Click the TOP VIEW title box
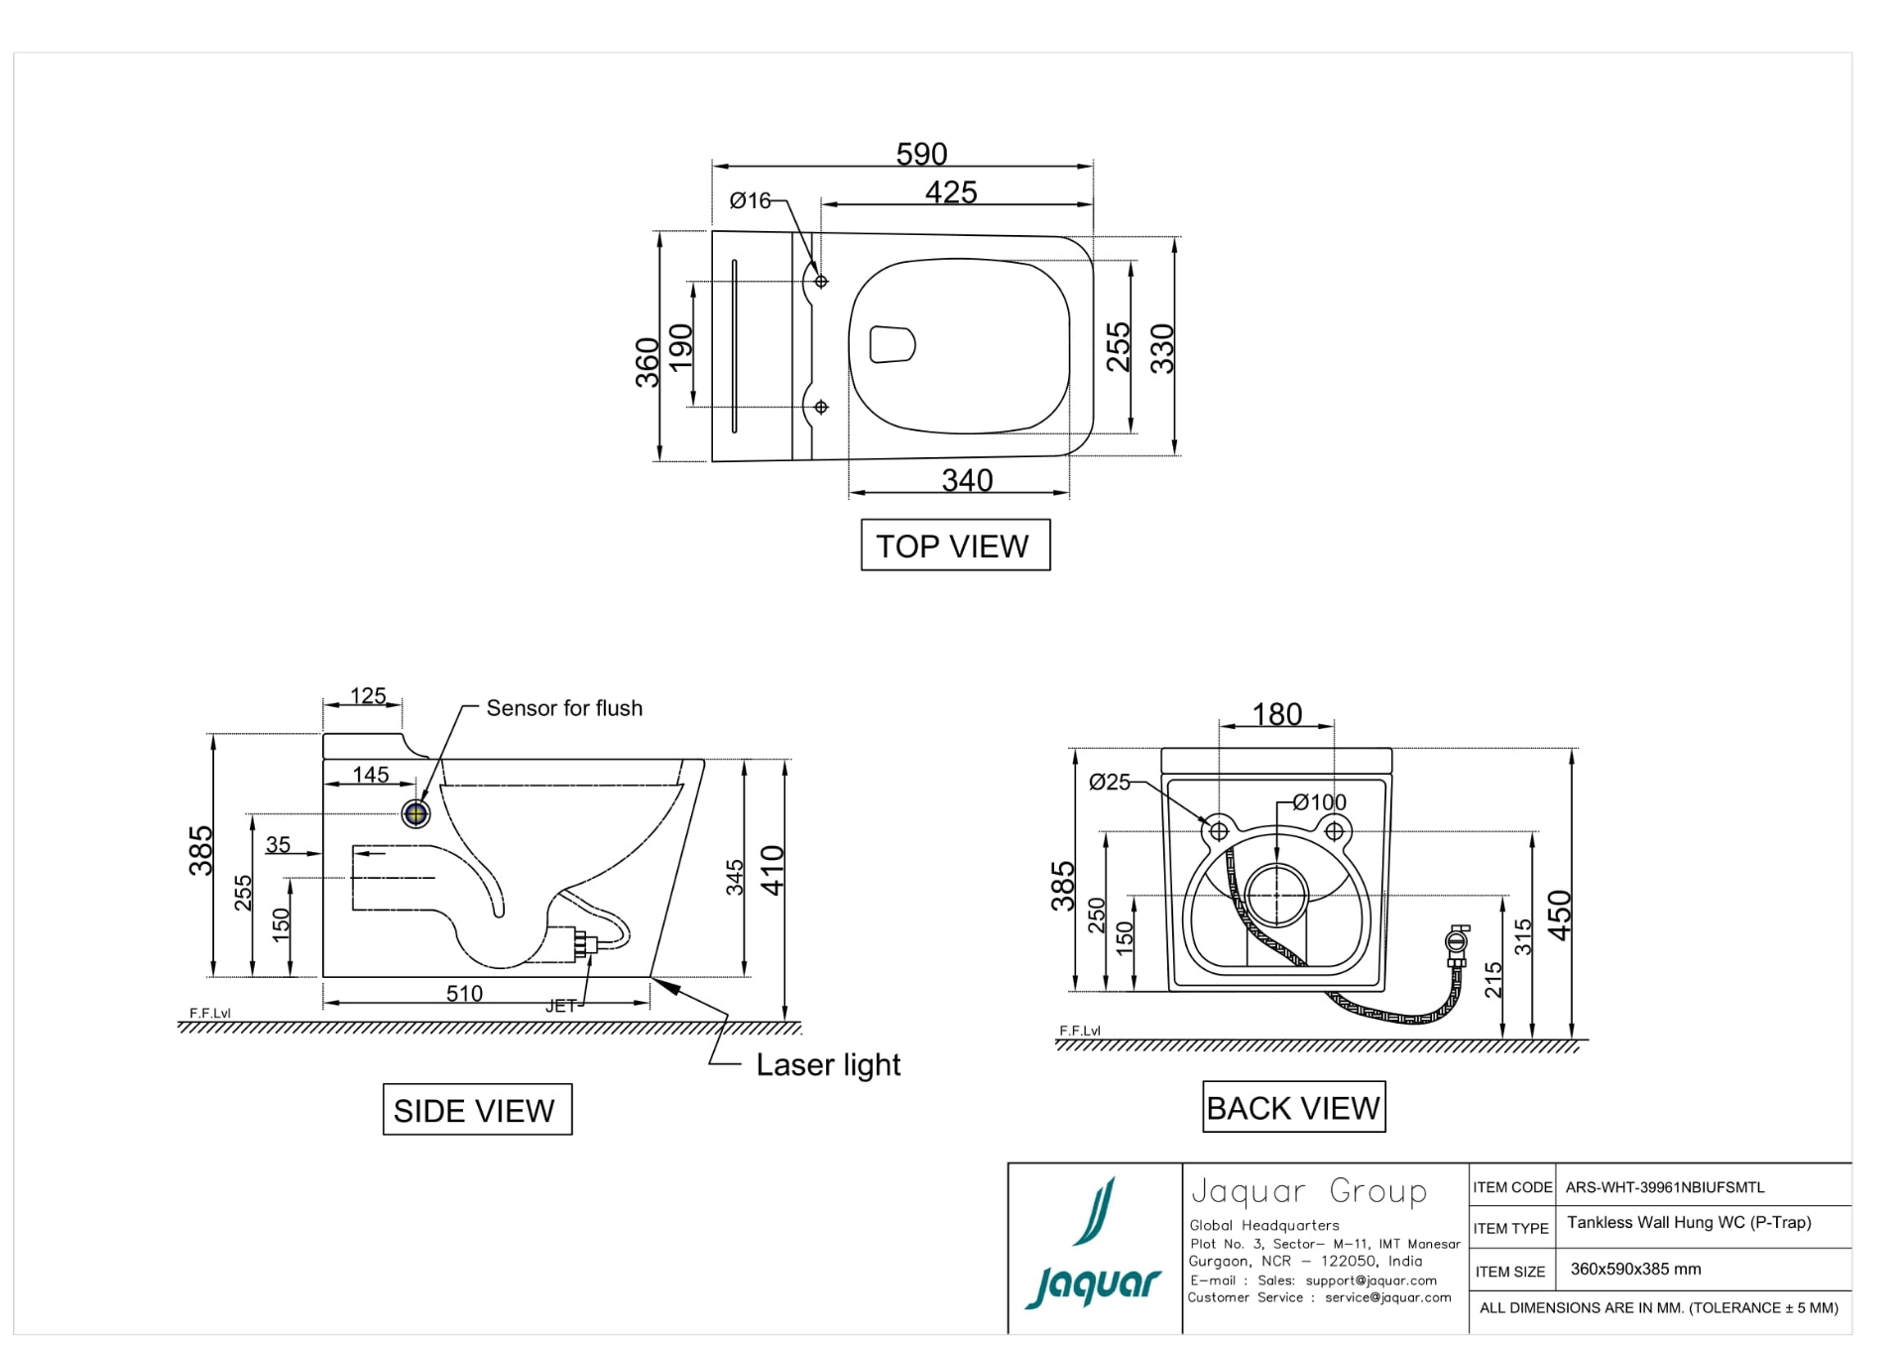[x=954, y=546]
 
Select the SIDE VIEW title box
[x=477, y=1110]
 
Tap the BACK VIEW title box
[x=1293, y=1107]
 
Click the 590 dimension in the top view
[x=921, y=154]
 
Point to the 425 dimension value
[x=951, y=191]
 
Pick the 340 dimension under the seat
[x=967, y=480]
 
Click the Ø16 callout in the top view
[x=750, y=201]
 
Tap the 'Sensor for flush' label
[x=564, y=708]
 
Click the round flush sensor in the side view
[x=416, y=814]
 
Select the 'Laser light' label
[x=828, y=1065]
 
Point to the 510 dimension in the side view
[x=464, y=993]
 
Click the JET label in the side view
[x=560, y=1006]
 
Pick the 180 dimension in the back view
[x=1276, y=714]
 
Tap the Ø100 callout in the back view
[x=1320, y=802]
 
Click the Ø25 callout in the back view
[x=1110, y=783]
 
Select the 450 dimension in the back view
[x=1559, y=915]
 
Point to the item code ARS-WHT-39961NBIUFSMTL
[x=1665, y=1187]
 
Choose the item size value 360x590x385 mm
[x=1635, y=1270]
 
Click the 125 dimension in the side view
[x=368, y=695]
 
